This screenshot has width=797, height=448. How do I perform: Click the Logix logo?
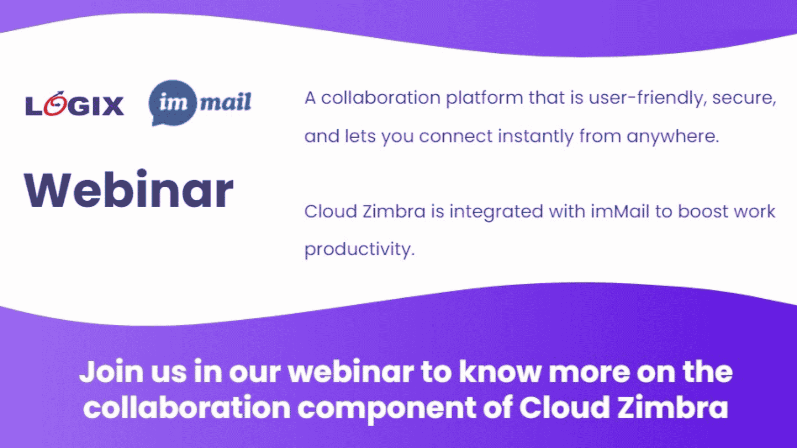coord(75,105)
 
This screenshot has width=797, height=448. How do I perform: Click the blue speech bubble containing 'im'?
coord(173,103)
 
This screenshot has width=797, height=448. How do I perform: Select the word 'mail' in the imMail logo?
coord(225,102)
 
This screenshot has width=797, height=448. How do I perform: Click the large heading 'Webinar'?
coord(128,190)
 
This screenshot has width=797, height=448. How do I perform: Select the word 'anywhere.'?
coord(672,137)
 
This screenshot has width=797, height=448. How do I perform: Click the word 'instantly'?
coord(535,137)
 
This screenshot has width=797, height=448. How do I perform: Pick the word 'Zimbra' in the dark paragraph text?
coord(394,212)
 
